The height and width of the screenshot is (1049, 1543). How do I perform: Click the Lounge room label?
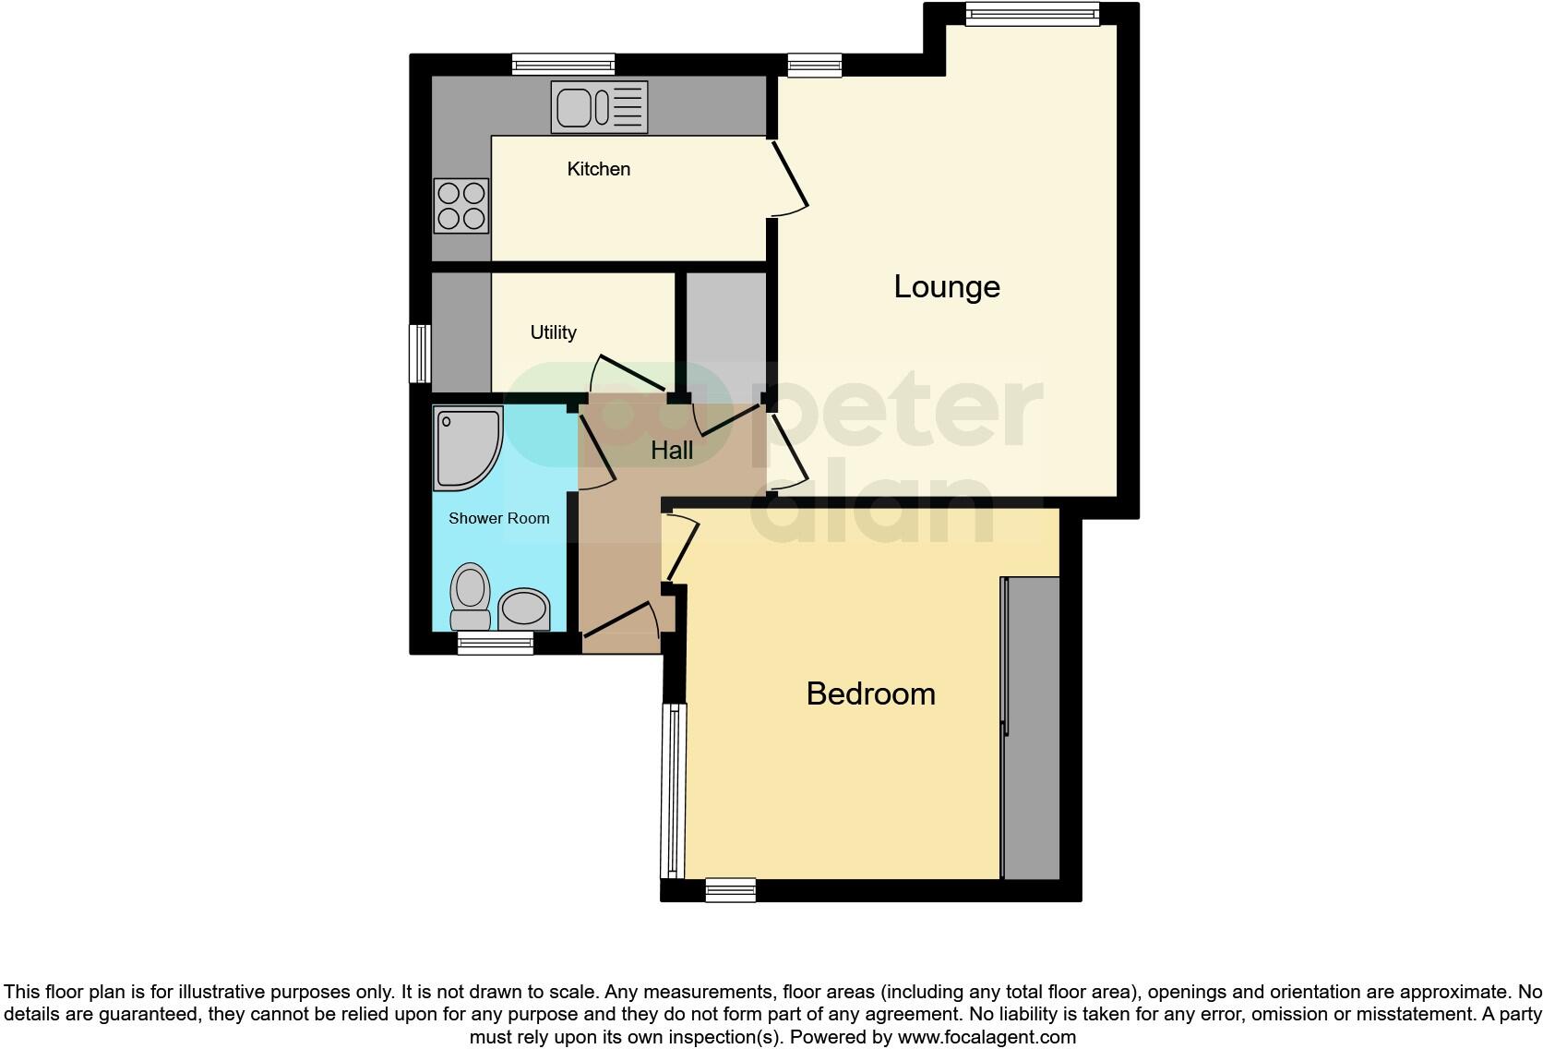pyautogui.click(x=946, y=286)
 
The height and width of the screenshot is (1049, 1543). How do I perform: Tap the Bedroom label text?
pyautogui.click(x=870, y=693)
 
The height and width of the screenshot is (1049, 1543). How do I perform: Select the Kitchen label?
pyautogui.click(x=598, y=169)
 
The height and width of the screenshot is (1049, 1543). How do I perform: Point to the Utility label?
pyautogui.click(x=553, y=332)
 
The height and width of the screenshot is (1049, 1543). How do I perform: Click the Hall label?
pyautogui.click(x=672, y=451)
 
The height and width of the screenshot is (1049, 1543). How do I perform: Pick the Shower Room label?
pyautogui.click(x=498, y=518)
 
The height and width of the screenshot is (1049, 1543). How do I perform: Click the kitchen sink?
pyautogui.click(x=599, y=107)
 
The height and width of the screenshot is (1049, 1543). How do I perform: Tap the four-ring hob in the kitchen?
pyautogui.click(x=461, y=205)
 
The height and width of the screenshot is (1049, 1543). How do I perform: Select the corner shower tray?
pyautogui.click(x=467, y=447)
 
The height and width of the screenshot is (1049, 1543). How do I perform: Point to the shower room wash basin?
pyautogui.click(x=523, y=609)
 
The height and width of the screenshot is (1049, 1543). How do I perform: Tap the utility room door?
pyautogui.click(x=628, y=374)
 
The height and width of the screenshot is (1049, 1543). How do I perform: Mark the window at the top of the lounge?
pyautogui.click(x=1032, y=13)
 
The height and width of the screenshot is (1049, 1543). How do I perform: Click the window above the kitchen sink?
pyautogui.click(x=563, y=64)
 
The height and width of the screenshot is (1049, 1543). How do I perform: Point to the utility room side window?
pyautogui.click(x=421, y=353)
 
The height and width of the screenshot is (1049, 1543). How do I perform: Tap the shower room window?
pyautogui.click(x=496, y=644)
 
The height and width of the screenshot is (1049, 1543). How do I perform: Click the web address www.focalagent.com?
pyautogui.click(x=987, y=1037)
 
